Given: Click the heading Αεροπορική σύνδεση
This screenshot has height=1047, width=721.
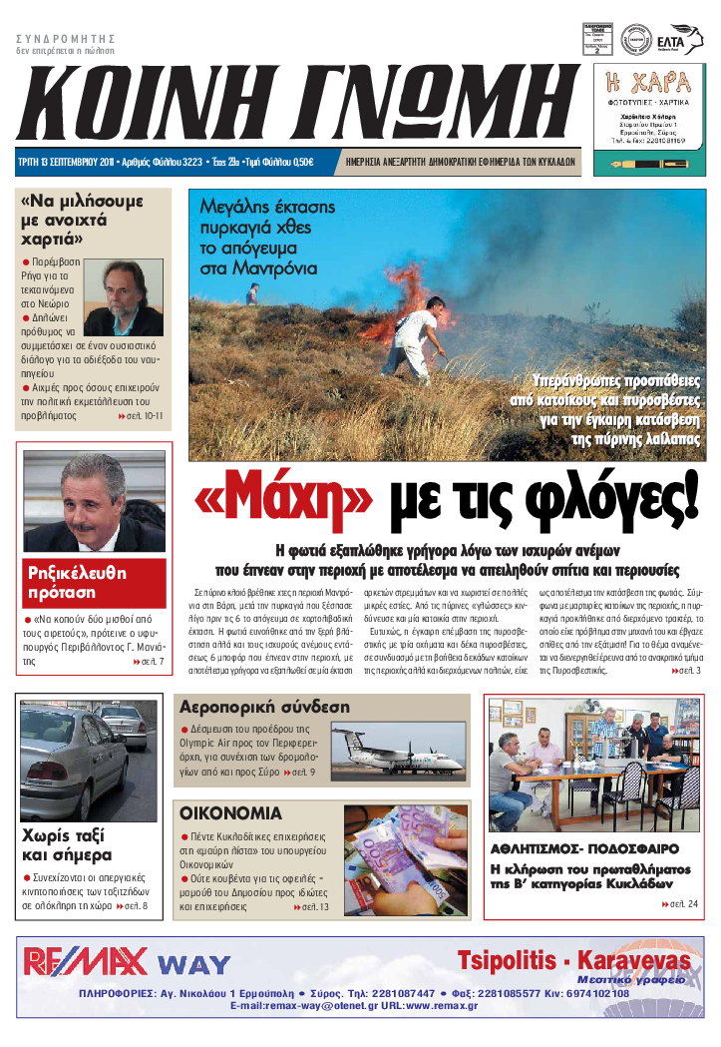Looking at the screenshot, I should (x=264, y=707).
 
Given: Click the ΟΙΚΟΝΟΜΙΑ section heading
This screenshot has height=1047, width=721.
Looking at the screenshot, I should (x=230, y=812).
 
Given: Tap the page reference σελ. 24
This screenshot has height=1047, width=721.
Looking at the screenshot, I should (x=682, y=904).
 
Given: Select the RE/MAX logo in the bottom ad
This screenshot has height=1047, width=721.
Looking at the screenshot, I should (x=86, y=962).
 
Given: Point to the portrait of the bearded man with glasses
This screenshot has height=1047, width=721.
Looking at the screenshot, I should (x=125, y=296).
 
